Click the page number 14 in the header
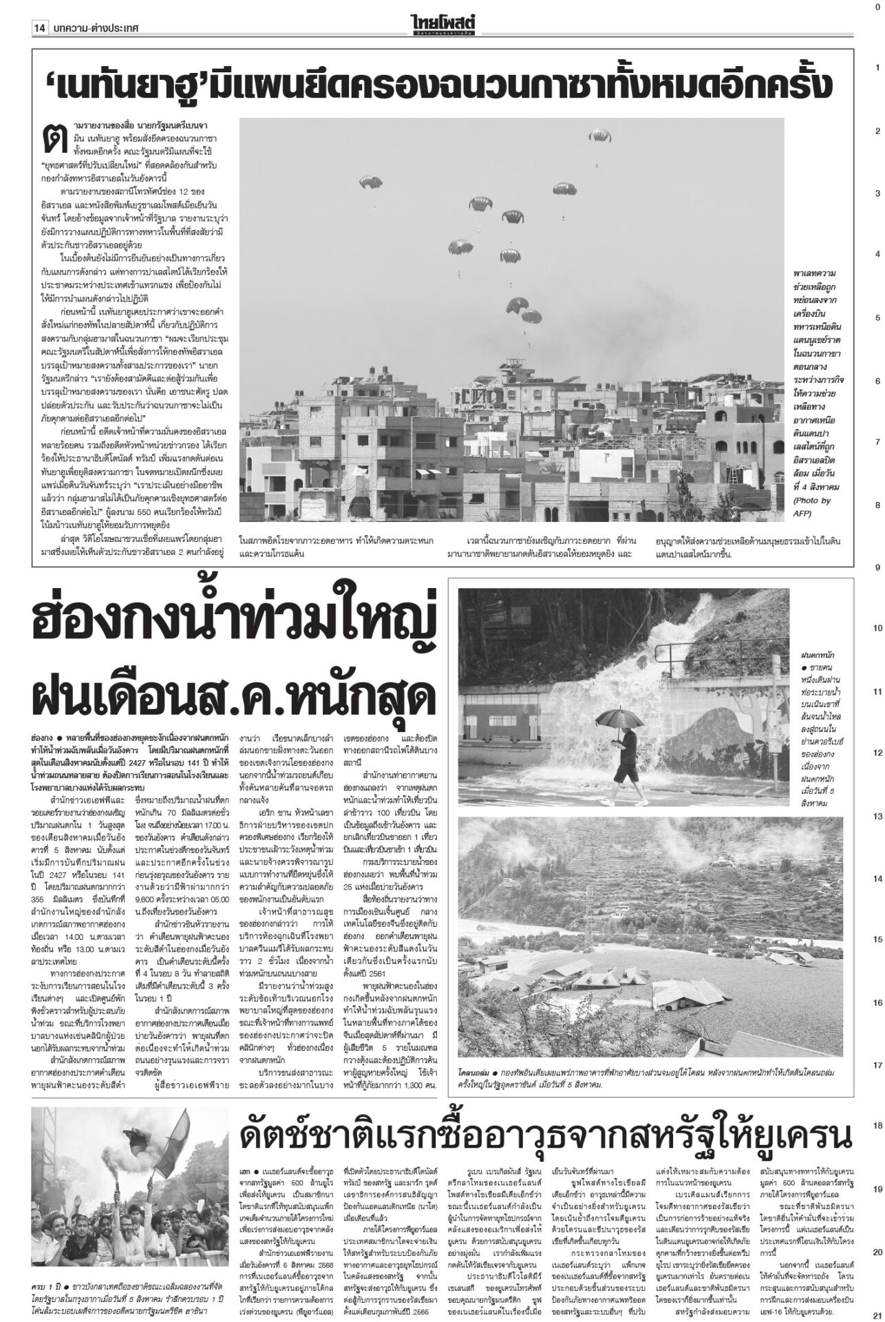(39, 28)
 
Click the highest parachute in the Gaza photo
(599, 135)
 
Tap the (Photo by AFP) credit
(812, 506)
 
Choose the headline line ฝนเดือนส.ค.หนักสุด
(234, 693)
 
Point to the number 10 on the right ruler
(877, 629)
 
